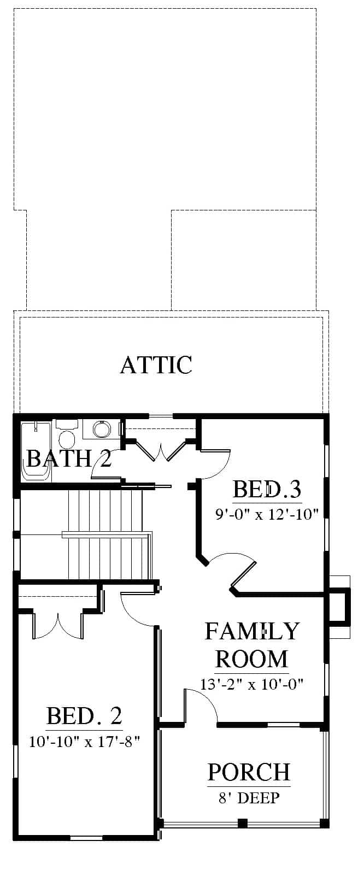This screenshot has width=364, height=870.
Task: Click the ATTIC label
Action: pyautogui.click(x=156, y=365)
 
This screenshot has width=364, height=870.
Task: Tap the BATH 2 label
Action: pyautogui.click(x=69, y=458)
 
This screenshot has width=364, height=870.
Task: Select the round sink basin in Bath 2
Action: pyautogui.click(x=102, y=429)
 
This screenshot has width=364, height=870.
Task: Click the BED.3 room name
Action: pyautogui.click(x=267, y=489)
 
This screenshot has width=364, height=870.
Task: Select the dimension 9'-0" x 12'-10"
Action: pyautogui.click(x=267, y=514)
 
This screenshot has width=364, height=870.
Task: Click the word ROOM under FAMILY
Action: pyautogui.click(x=252, y=659)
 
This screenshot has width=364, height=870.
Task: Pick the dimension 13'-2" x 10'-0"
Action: pyautogui.click(x=251, y=684)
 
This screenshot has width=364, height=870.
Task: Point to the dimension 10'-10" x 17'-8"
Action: pyautogui.click(x=84, y=742)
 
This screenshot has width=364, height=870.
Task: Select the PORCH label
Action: pyautogui.click(x=249, y=772)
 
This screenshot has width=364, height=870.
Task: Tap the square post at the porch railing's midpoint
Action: pyautogui.click(x=243, y=822)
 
